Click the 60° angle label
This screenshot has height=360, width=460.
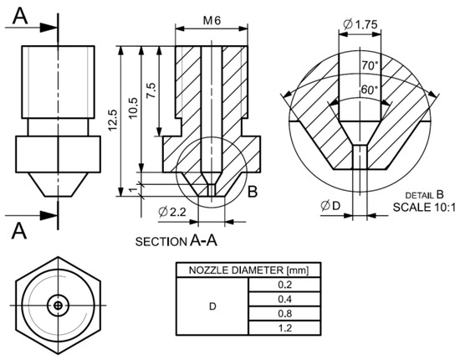[369, 89]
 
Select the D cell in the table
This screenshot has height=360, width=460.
[212, 307]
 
